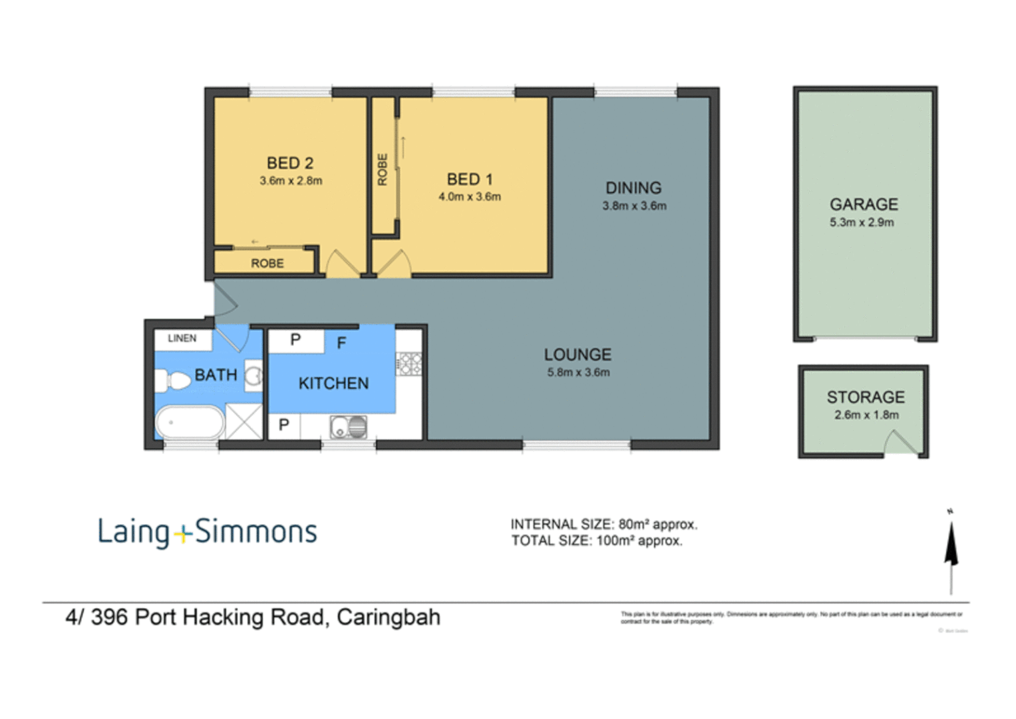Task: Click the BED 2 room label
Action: click(x=289, y=163)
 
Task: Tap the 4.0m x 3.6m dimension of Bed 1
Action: click(x=469, y=197)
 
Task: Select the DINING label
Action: click(x=633, y=188)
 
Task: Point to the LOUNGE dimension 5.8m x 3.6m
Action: click(x=578, y=373)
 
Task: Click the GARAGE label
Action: click(x=863, y=204)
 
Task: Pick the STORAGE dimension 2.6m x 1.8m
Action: click(x=866, y=415)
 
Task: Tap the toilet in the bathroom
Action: click(x=174, y=381)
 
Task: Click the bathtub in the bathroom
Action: click(x=190, y=422)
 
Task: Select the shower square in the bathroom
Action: click(x=244, y=421)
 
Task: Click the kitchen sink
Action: click(x=348, y=427)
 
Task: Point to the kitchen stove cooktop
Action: click(x=409, y=363)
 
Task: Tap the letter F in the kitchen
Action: click(x=341, y=344)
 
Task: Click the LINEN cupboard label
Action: click(x=182, y=338)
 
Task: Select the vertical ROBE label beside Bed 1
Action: click(x=383, y=169)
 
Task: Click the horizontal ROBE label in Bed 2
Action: click(x=267, y=264)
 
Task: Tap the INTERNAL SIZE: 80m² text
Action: click(x=603, y=525)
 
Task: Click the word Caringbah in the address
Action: click(x=388, y=617)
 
